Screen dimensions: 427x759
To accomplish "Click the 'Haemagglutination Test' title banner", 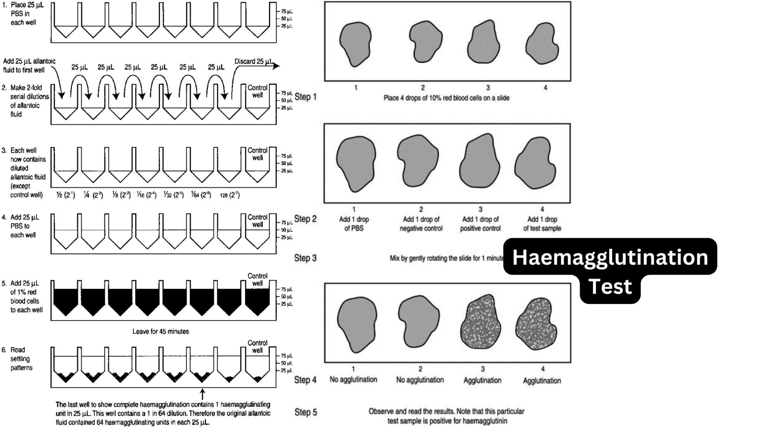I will pos(610,271).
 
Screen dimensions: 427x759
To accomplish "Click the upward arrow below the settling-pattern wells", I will pos(202,394).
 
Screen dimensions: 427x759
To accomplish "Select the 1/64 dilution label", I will pos(201,195).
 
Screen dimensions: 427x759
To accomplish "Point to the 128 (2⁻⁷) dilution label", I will pos(229,195).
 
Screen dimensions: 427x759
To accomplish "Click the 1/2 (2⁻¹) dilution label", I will pos(66,195).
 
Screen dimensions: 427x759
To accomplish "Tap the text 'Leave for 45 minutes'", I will pos(160,331).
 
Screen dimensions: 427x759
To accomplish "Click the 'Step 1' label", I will pos(305,97).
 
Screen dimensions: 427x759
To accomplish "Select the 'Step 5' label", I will pos(305,412).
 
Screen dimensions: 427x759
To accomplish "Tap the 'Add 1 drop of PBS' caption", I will pos(354,224).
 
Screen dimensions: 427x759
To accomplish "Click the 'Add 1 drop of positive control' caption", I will pos(480,224).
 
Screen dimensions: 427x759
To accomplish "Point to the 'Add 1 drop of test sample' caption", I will pos(542,224).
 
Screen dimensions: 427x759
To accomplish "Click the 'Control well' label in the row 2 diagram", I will pos(258,91).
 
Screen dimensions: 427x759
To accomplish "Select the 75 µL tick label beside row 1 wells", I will pos(286,11).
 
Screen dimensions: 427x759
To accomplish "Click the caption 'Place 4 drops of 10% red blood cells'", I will pos(446,98).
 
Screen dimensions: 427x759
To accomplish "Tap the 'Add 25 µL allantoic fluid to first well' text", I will pos(29,65).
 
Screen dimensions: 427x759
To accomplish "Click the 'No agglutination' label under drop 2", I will pos(420,380).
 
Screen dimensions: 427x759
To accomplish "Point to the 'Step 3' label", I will pos(305,258).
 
